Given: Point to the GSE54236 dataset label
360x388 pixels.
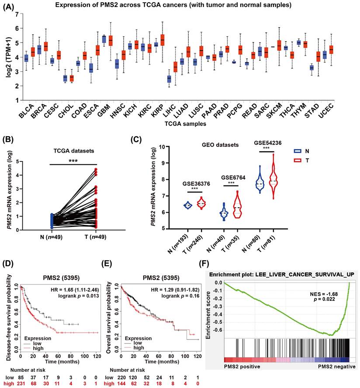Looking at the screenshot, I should tap(266, 143).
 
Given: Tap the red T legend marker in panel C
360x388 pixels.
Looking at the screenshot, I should tap(309, 161).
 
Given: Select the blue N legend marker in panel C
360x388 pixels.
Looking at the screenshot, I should tap(309, 150).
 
